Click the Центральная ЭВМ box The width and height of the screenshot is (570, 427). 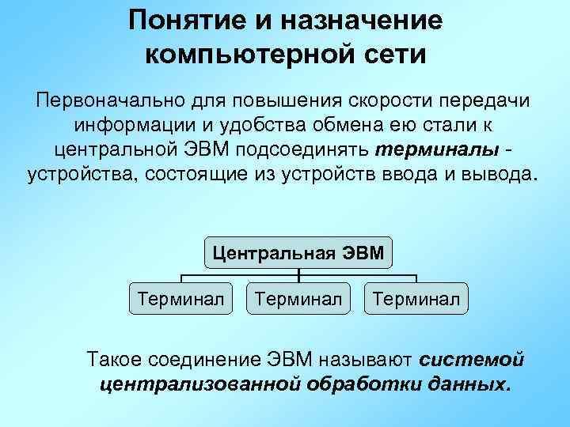click(x=298, y=253)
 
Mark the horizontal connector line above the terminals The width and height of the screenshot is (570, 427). click(x=237, y=276)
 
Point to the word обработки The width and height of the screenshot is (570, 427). click(x=359, y=384)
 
